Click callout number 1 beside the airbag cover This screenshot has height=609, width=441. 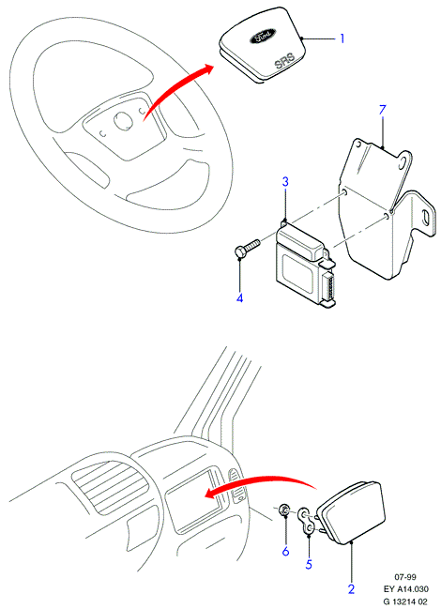(x=342, y=38)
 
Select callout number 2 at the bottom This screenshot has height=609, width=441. (x=351, y=588)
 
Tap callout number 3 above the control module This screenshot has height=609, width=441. (x=285, y=181)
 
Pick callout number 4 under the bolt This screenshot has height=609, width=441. (x=240, y=297)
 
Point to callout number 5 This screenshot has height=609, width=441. (x=309, y=564)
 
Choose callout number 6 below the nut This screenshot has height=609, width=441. (x=286, y=551)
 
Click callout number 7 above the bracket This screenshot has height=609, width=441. (x=383, y=110)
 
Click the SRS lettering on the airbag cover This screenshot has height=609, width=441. (x=285, y=61)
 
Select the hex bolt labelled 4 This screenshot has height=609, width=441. (x=247, y=249)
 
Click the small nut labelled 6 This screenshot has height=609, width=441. (x=284, y=510)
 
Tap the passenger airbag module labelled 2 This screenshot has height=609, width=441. (x=352, y=512)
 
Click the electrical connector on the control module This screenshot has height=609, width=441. (x=329, y=287)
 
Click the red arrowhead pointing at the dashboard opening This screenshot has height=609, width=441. (x=210, y=494)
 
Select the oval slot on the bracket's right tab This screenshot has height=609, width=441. (x=426, y=216)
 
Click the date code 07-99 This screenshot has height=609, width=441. (x=405, y=577)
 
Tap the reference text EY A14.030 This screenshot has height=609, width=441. (x=405, y=589)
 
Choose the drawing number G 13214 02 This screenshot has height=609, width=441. (x=405, y=601)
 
